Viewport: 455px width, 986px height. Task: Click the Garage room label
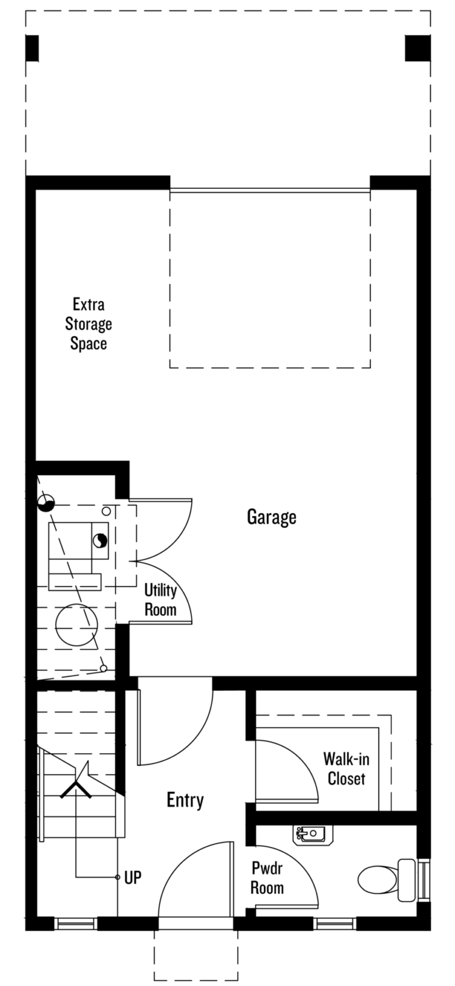[x=272, y=517]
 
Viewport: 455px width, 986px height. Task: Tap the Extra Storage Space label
[x=88, y=324]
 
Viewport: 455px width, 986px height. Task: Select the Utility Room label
[x=160, y=600]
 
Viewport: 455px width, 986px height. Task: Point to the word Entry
[x=185, y=799]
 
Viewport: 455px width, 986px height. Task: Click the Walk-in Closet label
[x=346, y=769]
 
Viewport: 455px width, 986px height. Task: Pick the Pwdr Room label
[x=267, y=878]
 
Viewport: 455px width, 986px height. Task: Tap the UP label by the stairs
[x=133, y=878]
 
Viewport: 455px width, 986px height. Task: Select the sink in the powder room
[x=313, y=835]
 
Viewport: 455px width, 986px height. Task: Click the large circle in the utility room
[x=77, y=625]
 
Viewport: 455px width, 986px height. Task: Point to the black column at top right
[x=417, y=48]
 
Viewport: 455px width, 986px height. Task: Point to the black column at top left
[x=32, y=48]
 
